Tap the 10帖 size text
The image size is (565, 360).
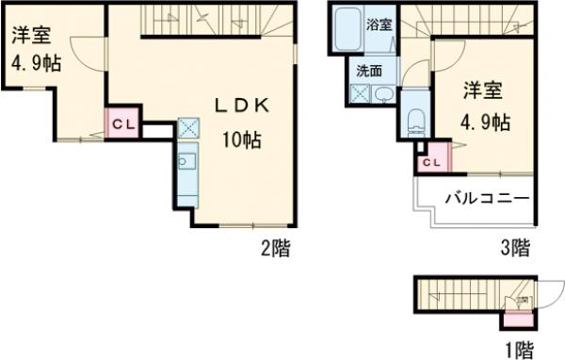tap(241, 141)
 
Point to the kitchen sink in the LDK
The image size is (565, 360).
tap(185, 159)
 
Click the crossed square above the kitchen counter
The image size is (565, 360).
tap(186, 128)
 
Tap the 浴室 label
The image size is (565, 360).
tap(379, 25)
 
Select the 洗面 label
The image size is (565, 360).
tap(368, 71)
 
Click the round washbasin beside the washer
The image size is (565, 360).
tap(386, 94)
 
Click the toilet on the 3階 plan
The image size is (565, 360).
tap(415, 121)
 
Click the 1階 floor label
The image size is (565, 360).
tap(519, 351)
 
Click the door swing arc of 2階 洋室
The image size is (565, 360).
tap(82, 57)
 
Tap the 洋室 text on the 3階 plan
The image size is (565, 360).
tap(482, 91)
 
